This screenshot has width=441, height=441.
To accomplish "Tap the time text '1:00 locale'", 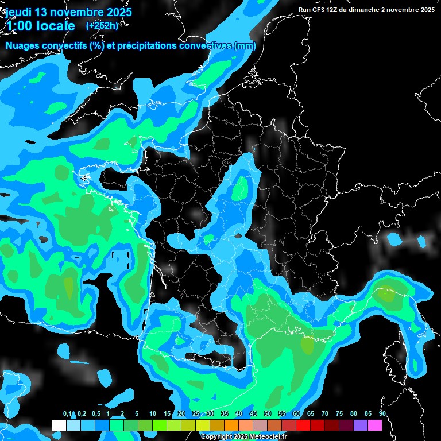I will (x=41, y=26).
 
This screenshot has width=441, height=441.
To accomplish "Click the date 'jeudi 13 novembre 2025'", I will (x=68, y=11).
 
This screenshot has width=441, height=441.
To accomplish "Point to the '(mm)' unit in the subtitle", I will (x=245, y=46).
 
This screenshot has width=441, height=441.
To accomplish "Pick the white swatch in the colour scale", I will (x=59, y=425).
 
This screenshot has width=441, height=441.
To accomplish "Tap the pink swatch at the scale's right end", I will (x=375, y=425).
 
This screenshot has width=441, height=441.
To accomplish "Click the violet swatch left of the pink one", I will (x=361, y=425).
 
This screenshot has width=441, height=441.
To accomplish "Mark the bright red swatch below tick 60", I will (x=303, y=425).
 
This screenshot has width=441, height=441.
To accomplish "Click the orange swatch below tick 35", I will (x=231, y=425).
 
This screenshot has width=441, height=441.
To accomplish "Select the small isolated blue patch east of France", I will (x=395, y=239).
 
